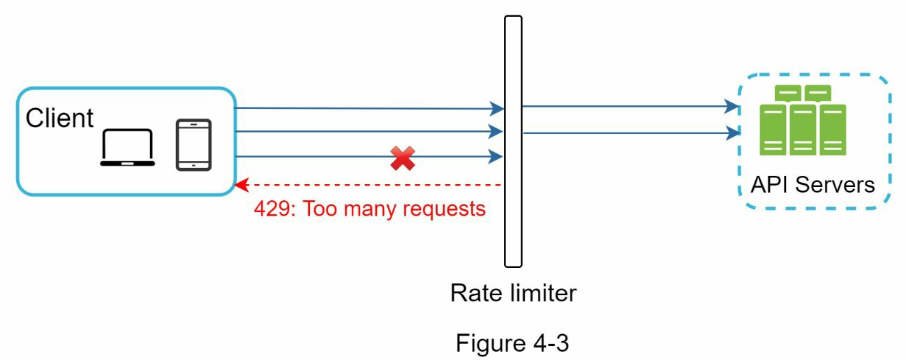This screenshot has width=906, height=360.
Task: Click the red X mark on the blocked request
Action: (402, 158)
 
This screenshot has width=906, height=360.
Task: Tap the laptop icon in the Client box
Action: (128, 148)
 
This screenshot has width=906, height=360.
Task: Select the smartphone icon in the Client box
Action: (193, 145)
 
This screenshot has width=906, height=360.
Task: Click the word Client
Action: (59, 119)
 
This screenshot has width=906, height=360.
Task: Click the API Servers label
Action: (812, 185)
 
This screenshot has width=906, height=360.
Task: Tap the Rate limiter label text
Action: (513, 293)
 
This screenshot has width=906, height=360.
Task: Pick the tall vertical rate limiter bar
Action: (513, 140)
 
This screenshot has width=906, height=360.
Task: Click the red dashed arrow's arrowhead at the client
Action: (240, 185)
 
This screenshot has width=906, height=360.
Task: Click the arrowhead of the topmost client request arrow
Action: (498, 109)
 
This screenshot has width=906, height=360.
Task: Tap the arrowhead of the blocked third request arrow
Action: (498, 156)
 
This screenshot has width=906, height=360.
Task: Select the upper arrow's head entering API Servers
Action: (734, 107)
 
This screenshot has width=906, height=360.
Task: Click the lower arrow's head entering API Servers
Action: (734, 132)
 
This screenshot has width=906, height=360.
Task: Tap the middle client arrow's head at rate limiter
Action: (498, 131)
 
